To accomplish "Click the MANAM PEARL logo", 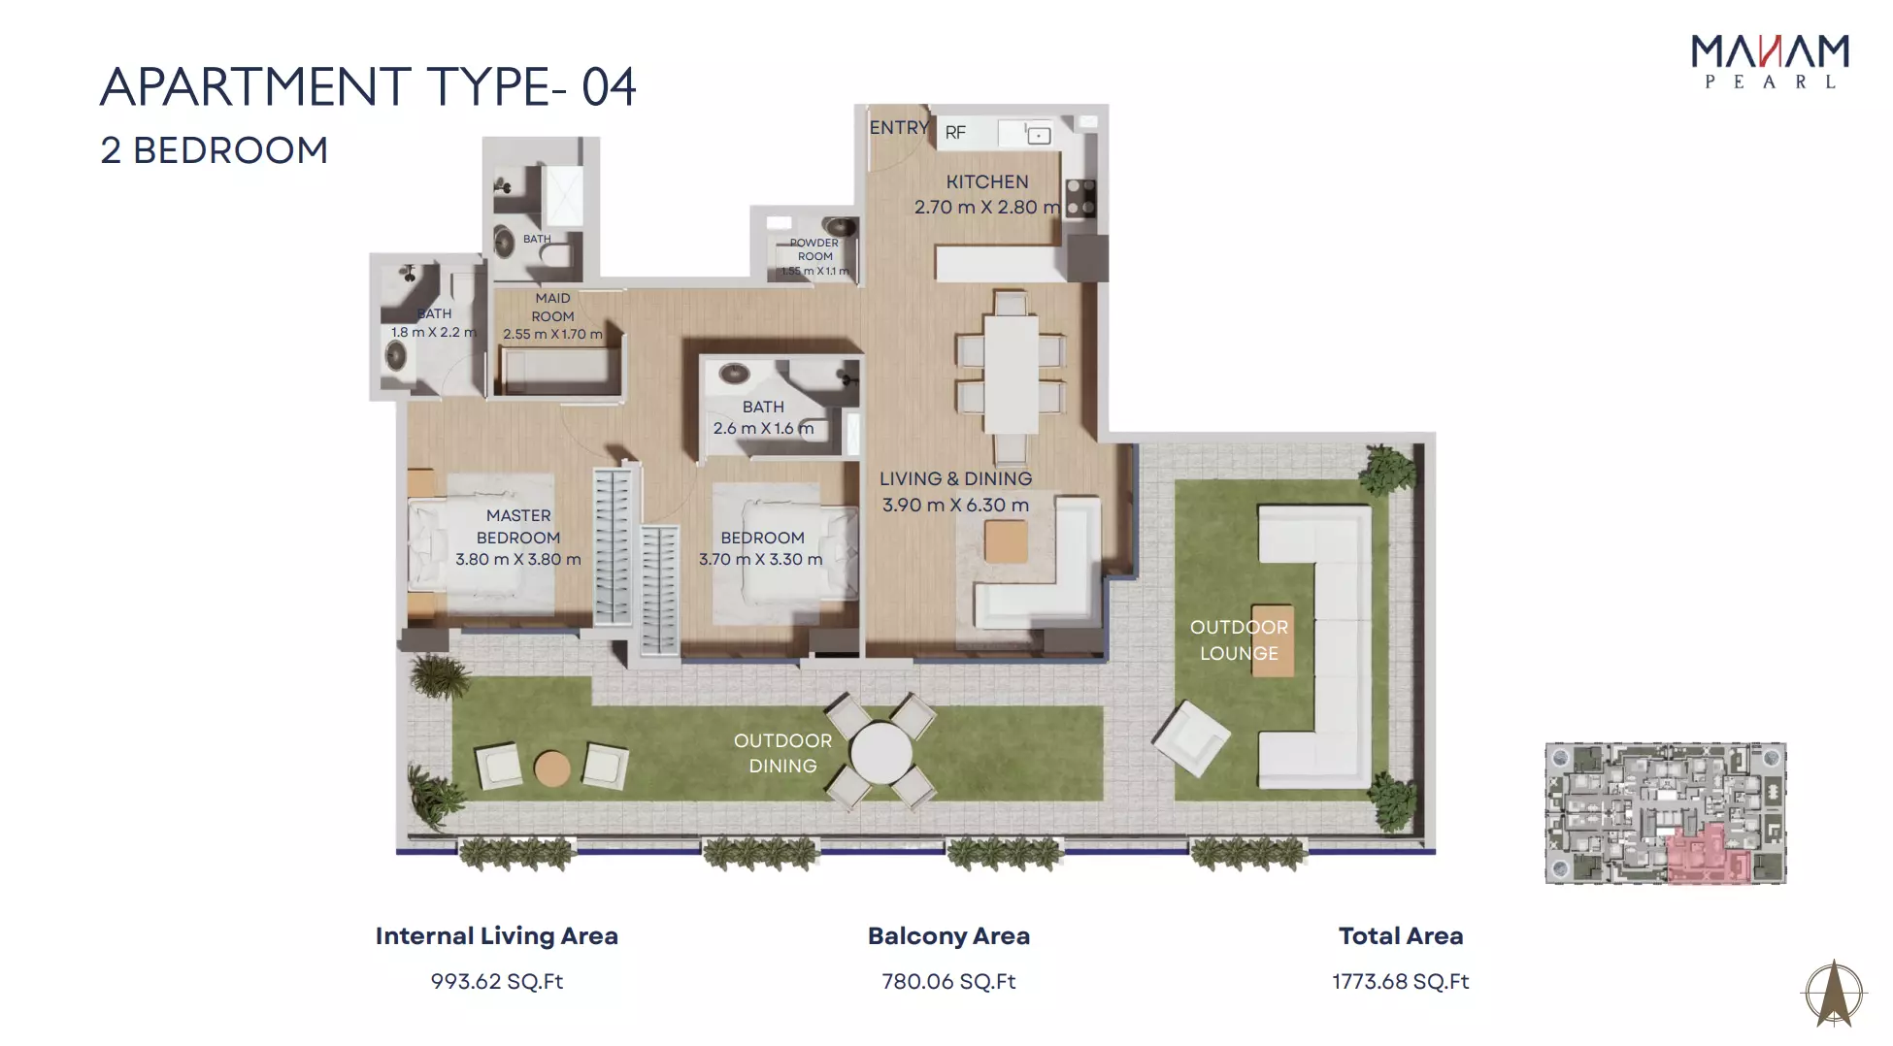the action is click(1770, 62).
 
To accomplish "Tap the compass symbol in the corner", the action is click(1834, 993).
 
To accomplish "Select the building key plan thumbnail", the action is click(1666, 813).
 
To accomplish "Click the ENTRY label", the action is click(899, 127).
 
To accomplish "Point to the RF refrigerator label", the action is click(955, 133).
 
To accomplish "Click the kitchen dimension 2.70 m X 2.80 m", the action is click(986, 207).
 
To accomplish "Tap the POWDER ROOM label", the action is click(814, 249).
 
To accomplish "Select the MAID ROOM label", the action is click(552, 308).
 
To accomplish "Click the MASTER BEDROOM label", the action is click(518, 526).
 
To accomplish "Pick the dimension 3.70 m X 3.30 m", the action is click(761, 560).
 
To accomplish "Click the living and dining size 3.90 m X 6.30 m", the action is click(955, 505).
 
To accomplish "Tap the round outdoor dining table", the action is click(881, 752).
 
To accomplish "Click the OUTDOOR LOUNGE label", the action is click(1239, 640).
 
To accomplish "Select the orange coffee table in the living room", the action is click(1006, 540).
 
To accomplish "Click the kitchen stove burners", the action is click(1080, 197).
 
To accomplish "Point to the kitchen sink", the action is click(1039, 135).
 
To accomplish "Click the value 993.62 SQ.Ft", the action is click(497, 981).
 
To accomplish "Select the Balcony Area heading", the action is click(948, 936).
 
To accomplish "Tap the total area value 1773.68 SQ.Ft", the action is click(1400, 981).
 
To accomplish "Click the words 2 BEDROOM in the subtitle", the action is click(215, 150).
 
